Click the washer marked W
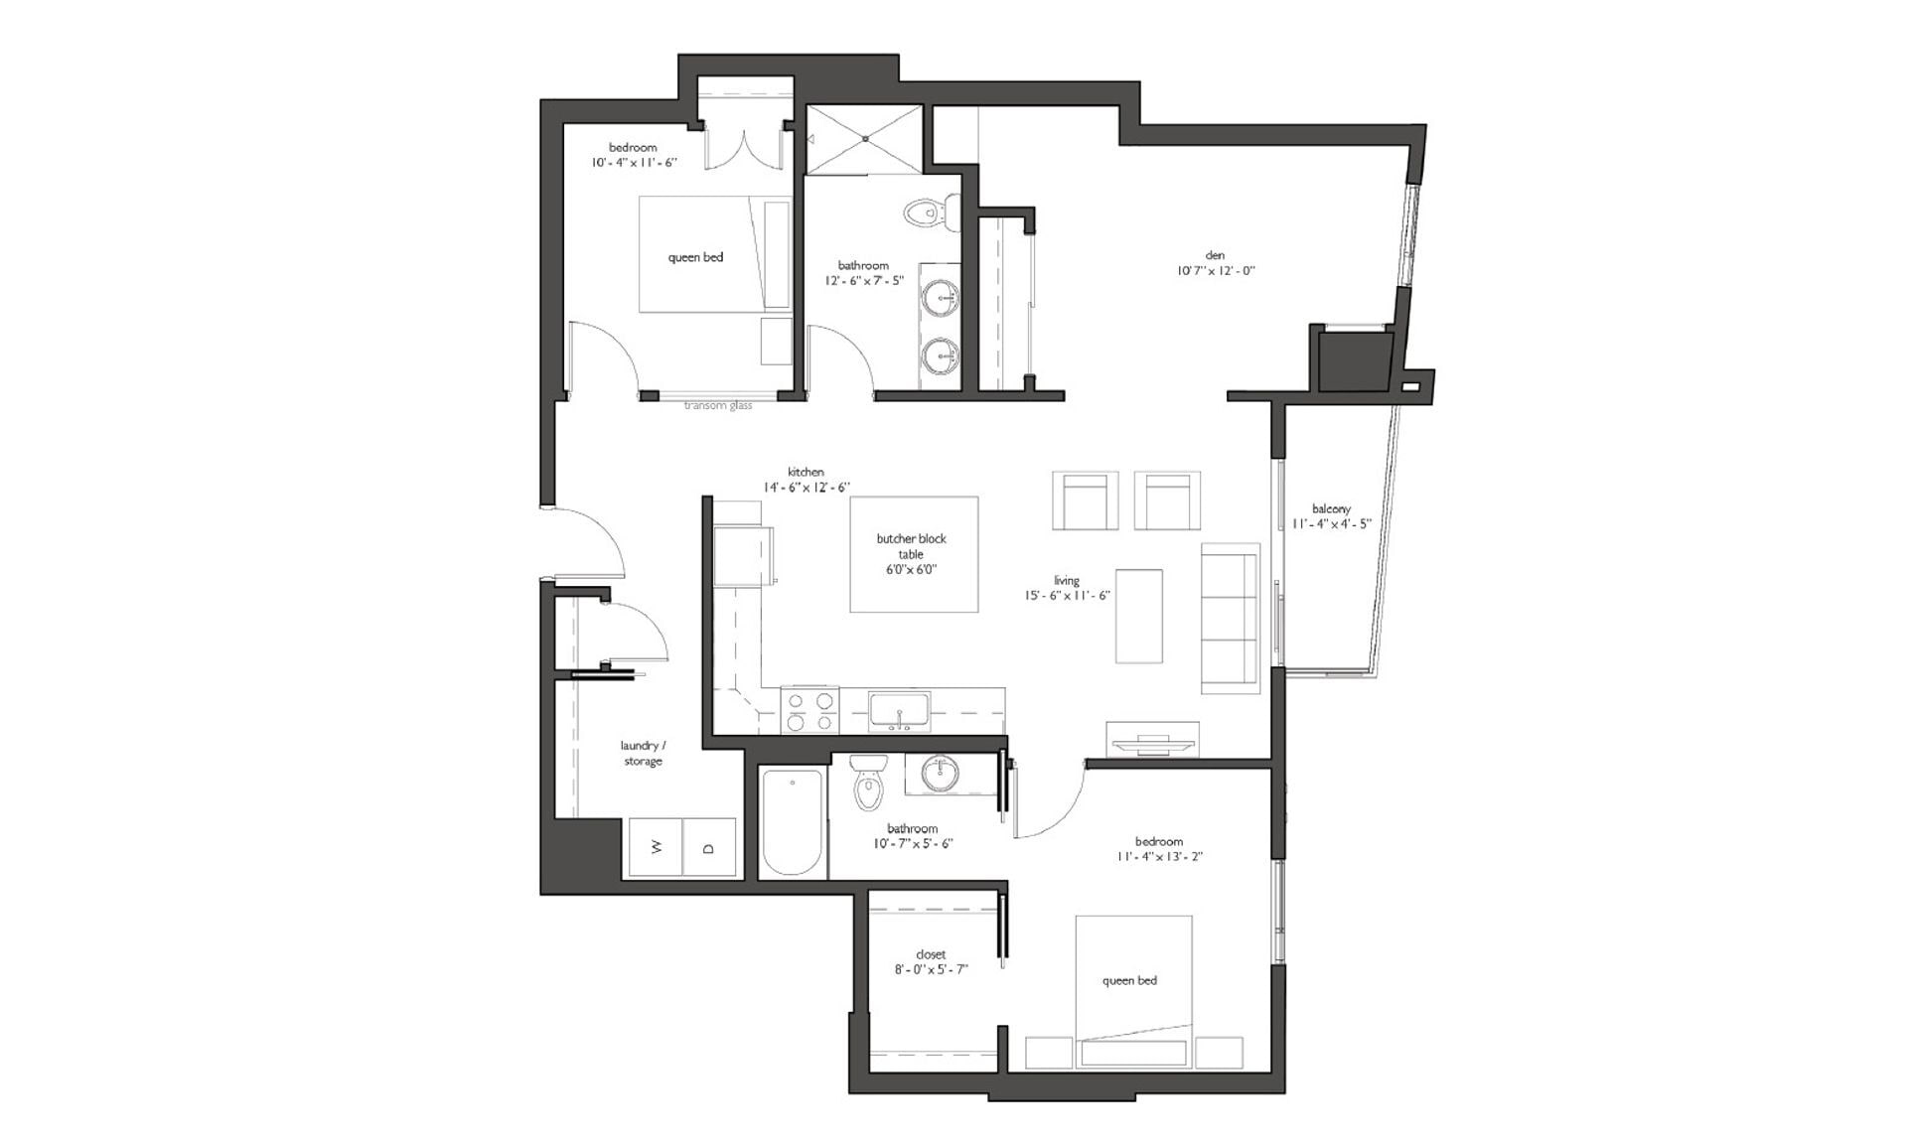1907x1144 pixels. (655, 847)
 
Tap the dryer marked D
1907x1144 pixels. (709, 847)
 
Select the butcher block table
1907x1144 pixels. (913, 554)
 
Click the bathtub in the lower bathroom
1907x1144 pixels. (793, 822)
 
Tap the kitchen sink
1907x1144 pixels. (899, 711)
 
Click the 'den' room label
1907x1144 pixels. (1216, 255)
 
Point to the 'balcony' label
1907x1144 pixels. (1331, 509)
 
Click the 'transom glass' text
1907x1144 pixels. (718, 405)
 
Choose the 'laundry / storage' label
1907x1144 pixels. (643, 753)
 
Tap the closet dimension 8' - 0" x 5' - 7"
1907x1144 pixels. (931, 969)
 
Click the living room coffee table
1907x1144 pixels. (1138, 616)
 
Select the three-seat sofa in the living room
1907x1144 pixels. (1230, 618)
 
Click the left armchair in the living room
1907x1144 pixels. (1085, 500)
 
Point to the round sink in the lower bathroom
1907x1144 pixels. (939, 774)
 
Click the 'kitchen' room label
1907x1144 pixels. (806, 473)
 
